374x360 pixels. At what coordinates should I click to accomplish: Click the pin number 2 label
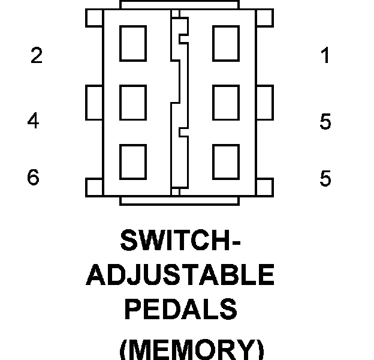tap(37, 56)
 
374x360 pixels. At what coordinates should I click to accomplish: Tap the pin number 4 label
tap(33, 121)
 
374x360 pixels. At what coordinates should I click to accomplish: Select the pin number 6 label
tap(33, 178)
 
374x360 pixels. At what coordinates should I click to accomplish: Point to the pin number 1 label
tap(325, 56)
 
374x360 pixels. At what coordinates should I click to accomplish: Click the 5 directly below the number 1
tap(325, 122)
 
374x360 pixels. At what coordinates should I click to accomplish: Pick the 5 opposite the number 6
tap(325, 179)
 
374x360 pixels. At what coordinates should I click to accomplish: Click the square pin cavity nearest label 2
tap(133, 44)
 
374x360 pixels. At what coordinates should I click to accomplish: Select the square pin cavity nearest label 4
tap(133, 103)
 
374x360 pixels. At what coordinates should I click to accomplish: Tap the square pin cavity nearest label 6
tap(133, 162)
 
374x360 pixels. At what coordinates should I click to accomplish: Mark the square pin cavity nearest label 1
tap(225, 44)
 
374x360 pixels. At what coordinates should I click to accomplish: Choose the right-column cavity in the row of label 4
tap(225, 103)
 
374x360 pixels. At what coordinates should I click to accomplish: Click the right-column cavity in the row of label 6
tap(225, 162)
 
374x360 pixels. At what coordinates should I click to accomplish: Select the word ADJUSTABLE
tap(180, 275)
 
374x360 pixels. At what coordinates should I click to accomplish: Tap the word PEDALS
tap(180, 310)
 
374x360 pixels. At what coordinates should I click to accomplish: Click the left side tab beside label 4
tap(95, 103)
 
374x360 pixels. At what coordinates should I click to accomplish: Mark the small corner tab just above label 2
tap(95, 19)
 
